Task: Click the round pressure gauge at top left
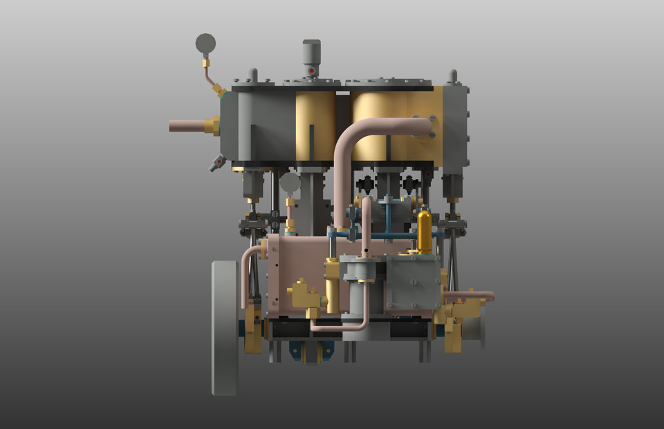click(x=205, y=44)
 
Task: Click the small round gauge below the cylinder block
click(x=290, y=182)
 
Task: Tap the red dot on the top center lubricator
click(x=312, y=70)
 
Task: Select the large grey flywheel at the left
click(x=225, y=327)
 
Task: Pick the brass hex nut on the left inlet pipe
click(x=212, y=126)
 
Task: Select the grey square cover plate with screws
click(x=412, y=282)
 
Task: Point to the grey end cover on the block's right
click(x=455, y=128)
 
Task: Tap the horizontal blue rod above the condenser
click(x=373, y=235)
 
